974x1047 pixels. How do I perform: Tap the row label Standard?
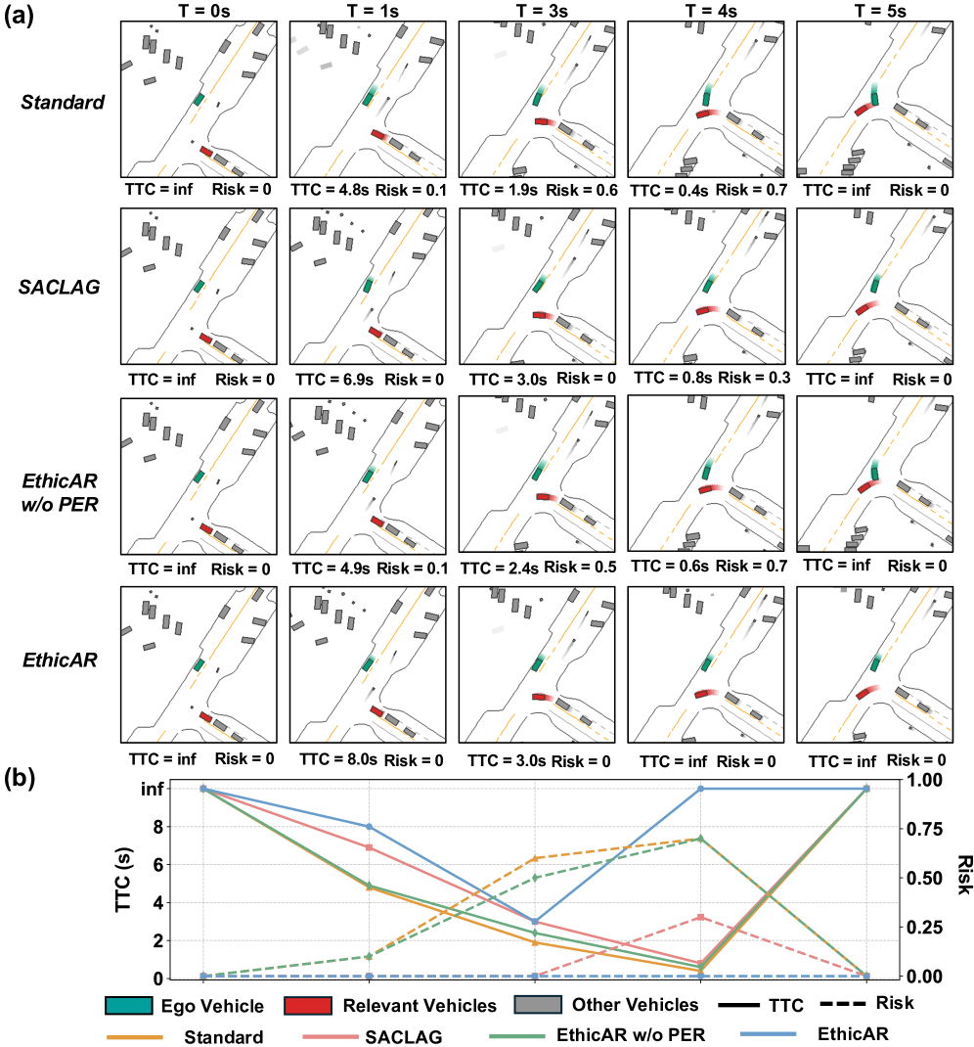click(65, 100)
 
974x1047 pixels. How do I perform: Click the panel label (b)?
click(22, 778)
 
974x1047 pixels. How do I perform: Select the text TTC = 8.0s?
click(335, 758)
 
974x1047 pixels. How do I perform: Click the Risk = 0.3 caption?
click(752, 377)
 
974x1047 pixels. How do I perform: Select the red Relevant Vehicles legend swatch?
click(308, 1006)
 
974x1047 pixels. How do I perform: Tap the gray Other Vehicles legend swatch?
click(540, 1005)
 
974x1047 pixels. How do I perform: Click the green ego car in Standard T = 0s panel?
click(199, 100)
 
